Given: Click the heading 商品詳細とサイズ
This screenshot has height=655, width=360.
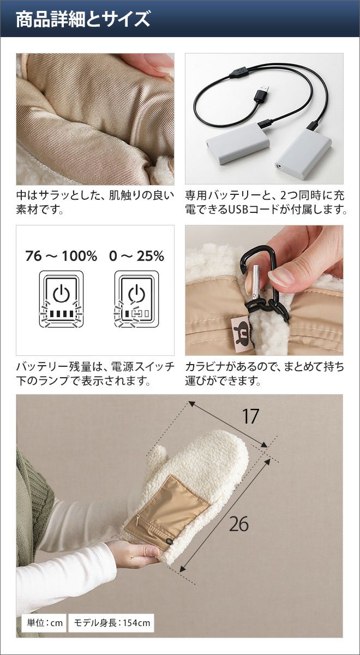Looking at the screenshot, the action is click(83, 19).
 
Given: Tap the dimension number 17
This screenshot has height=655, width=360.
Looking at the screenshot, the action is click(250, 416).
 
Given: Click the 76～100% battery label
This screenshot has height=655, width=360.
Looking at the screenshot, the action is click(61, 256).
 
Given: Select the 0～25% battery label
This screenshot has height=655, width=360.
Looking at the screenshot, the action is click(136, 256).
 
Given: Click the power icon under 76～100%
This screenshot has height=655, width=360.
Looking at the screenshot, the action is click(61, 294).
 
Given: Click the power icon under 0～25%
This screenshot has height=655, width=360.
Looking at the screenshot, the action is click(136, 294).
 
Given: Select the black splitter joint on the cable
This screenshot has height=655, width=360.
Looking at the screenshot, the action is click(238, 73).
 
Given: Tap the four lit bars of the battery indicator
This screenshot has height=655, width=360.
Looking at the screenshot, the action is click(61, 314).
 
